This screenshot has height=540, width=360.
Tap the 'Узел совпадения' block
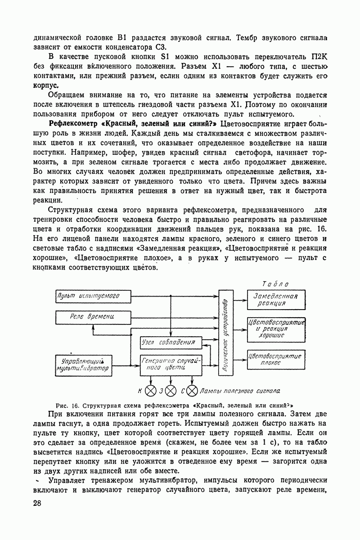168,342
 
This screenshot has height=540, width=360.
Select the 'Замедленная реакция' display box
276,299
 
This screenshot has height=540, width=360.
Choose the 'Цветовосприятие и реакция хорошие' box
276,328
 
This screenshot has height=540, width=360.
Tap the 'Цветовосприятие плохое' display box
276,358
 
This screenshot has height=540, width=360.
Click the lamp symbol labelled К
151,390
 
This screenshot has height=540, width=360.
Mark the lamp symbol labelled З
171,390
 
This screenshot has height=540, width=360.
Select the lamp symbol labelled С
192,390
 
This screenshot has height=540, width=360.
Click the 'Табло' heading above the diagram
275,284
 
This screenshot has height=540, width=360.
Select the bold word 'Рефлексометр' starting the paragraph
74,124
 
